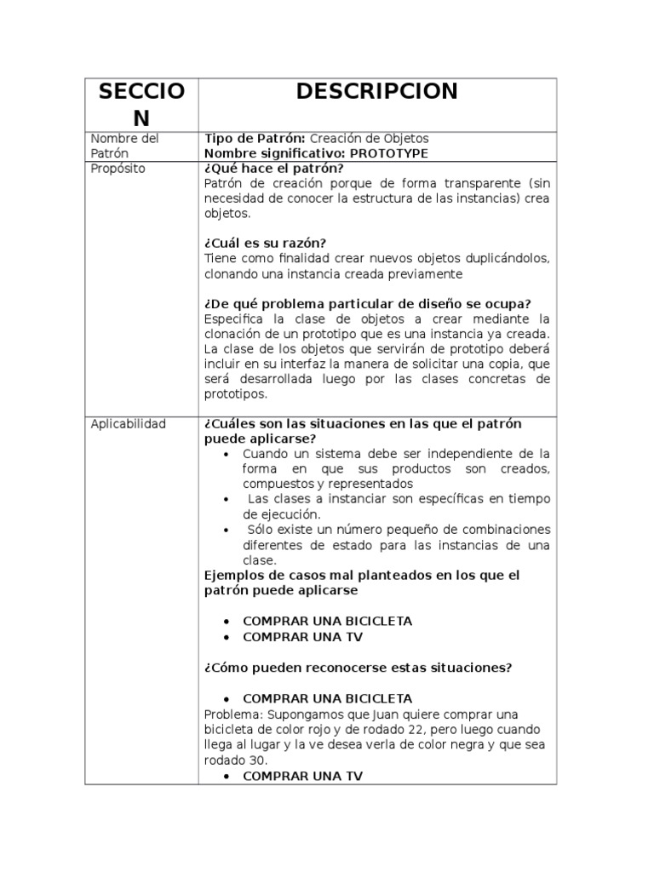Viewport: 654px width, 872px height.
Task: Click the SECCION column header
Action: pos(141,104)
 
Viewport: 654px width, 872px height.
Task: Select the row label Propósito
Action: pos(118,169)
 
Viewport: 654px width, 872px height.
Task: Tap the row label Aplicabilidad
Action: pos(128,424)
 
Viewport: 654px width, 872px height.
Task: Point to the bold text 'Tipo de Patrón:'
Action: pos(255,138)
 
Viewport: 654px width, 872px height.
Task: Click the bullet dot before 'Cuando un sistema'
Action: pos(225,455)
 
